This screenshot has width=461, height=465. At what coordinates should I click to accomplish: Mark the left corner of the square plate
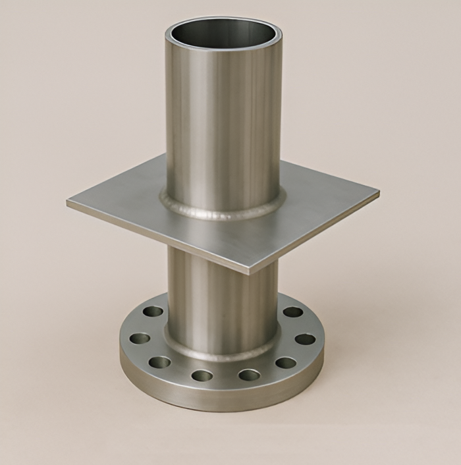pos(68,203)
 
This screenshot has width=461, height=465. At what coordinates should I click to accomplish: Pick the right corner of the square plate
pos(377,194)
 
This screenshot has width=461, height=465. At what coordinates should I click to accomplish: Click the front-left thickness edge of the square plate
pos(158,238)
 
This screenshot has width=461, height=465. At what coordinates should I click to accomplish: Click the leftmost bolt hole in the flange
pos(139,339)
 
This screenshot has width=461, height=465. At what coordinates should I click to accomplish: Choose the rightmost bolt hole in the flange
pos(304,339)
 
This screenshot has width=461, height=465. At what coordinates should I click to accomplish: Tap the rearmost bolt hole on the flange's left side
pos(153,312)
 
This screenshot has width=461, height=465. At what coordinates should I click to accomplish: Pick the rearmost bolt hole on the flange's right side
pos(292,312)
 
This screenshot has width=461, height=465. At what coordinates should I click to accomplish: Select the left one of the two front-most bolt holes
pos(202,376)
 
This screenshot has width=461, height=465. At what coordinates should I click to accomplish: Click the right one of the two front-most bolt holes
pos(249,375)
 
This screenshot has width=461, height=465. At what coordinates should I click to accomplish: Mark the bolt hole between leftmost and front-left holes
pos(159,362)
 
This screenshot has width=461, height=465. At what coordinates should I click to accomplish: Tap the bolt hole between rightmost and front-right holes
pos(286,362)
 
